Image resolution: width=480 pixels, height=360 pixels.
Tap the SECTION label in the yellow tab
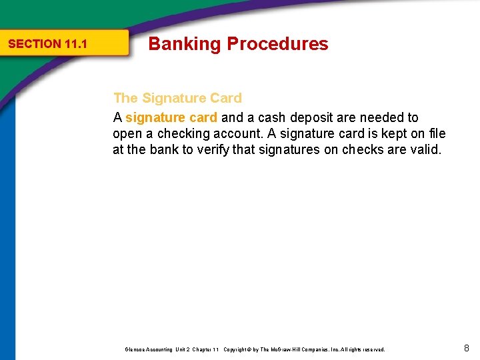point(34,45)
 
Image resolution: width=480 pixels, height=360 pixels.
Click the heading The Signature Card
point(177,98)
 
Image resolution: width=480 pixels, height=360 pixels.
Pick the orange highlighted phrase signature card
point(171,118)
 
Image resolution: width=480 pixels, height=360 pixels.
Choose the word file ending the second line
point(437,134)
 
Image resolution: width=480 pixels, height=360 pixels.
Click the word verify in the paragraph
point(211,150)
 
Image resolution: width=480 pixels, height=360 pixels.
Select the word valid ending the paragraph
point(426,150)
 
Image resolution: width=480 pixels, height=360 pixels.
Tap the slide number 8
point(467,348)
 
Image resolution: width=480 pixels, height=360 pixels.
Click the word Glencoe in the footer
point(135,349)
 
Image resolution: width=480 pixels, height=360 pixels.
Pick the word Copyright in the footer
point(236,349)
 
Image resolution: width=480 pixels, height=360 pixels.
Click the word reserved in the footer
point(373,349)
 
